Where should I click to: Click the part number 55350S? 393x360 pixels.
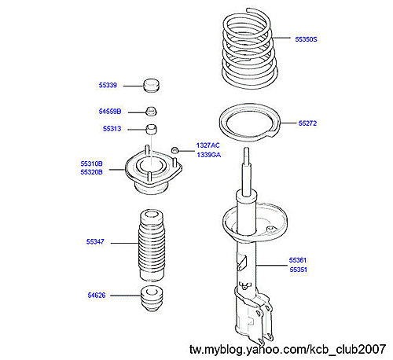tap(306, 39)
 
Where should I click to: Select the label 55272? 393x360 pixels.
tap(307, 123)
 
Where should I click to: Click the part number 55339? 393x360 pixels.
tap(108, 85)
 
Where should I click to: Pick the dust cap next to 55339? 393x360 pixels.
tap(152, 85)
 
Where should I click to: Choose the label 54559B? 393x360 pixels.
tap(110, 112)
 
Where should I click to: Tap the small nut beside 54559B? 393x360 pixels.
tap(151, 111)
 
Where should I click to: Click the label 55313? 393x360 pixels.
tap(112, 129)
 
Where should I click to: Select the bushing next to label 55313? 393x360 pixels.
tap(151, 129)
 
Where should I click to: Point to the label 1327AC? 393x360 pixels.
tap(208, 145)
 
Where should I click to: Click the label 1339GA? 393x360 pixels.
tap(209, 155)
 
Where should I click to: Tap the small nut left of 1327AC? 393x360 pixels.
tap(174, 150)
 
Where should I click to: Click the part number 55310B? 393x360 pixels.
tap(91, 163)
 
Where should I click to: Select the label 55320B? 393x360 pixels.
tap(91, 172)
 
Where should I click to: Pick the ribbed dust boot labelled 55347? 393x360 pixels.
tap(152, 245)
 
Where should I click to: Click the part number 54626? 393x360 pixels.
tap(97, 296)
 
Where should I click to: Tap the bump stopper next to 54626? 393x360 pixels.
tap(152, 299)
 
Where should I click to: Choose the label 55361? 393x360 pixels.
tap(298, 260)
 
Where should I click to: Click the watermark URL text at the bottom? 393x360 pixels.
tap(288, 349)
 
